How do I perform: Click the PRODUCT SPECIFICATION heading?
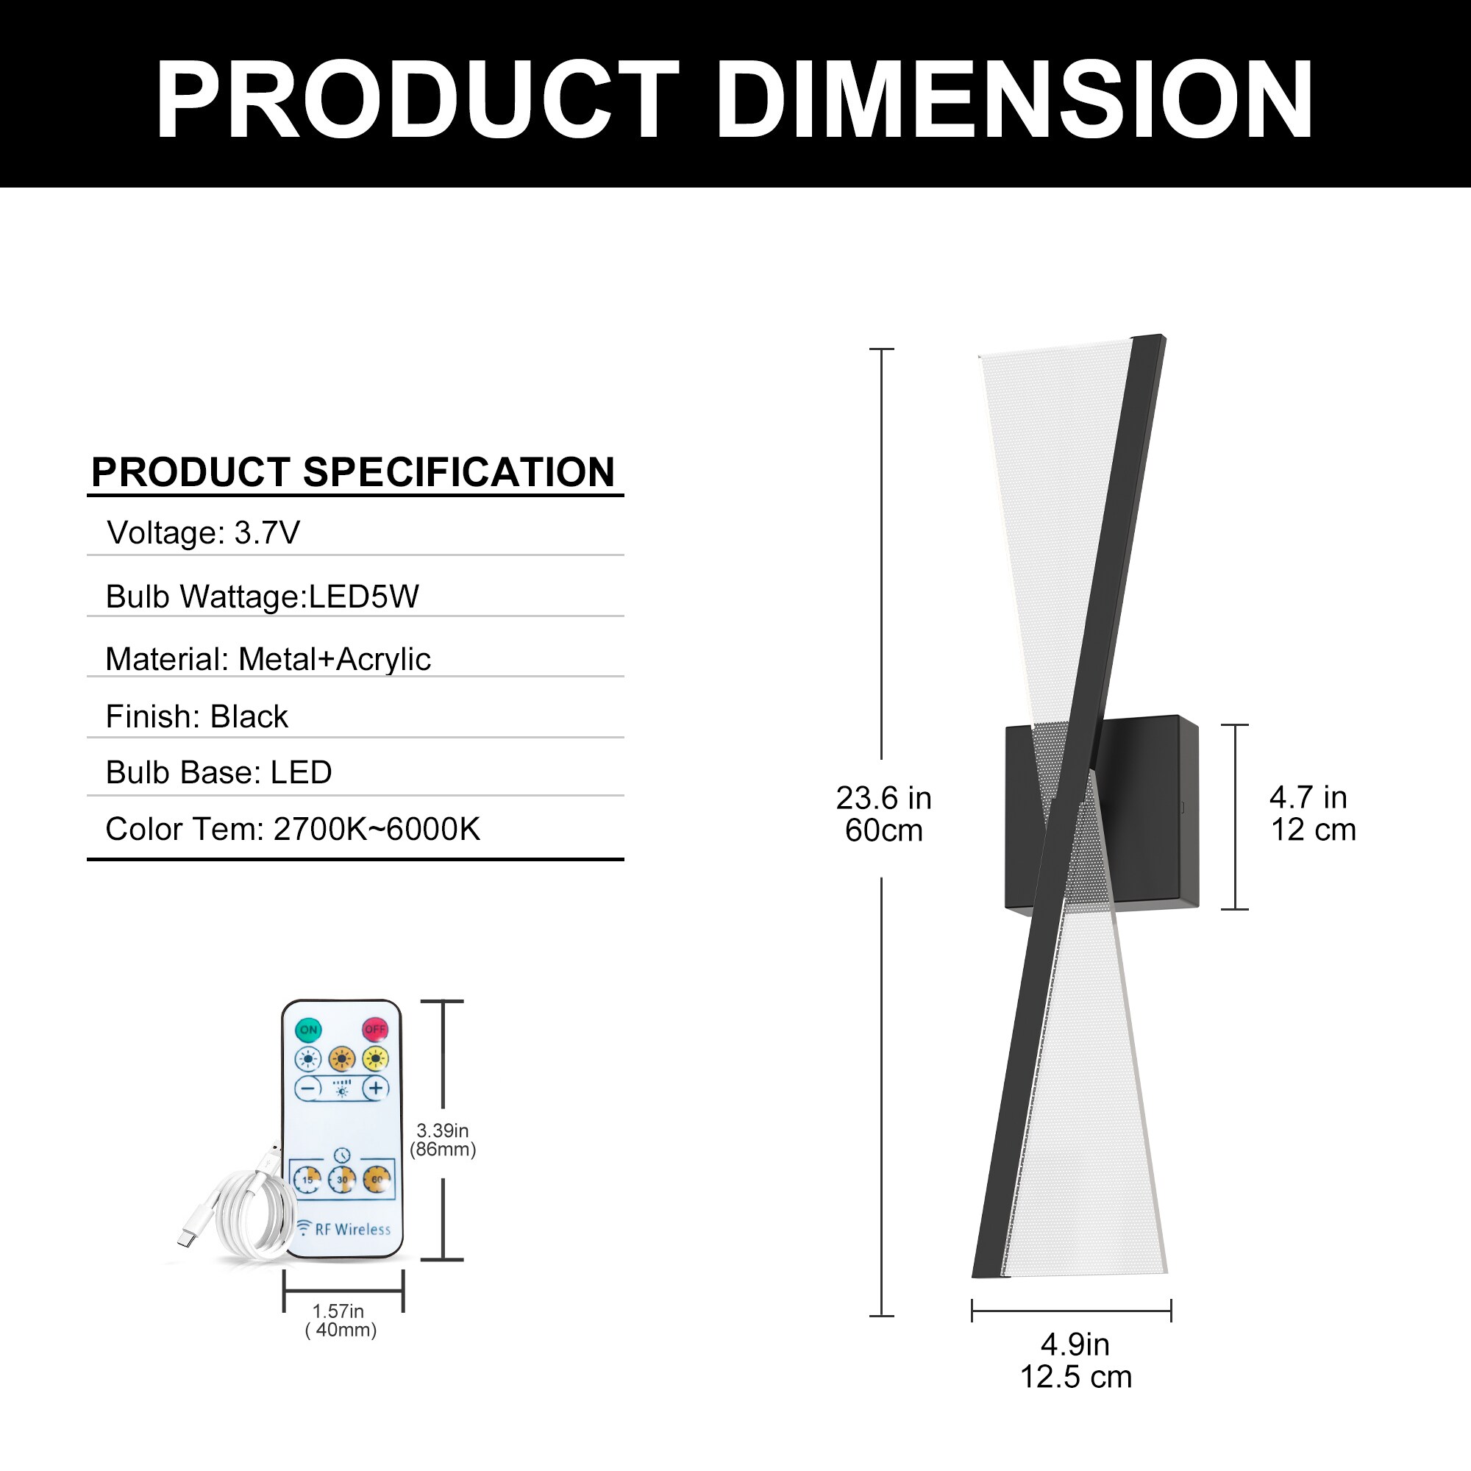pyautogui.click(x=352, y=472)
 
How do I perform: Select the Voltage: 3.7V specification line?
pyautogui.click(x=203, y=533)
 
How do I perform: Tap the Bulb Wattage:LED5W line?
pyautogui.click(x=263, y=596)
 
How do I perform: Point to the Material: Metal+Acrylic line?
pyautogui.click(x=268, y=658)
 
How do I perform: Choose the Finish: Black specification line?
pyautogui.click(x=197, y=716)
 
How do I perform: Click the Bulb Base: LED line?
pyautogui.click(x=219, y=772)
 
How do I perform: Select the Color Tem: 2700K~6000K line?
pyautogui.click(x=293, y=828)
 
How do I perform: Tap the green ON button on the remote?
pyautogui.click(x=308, y=1030)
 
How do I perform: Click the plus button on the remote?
pyautogui.click(x=375, y=1088)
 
